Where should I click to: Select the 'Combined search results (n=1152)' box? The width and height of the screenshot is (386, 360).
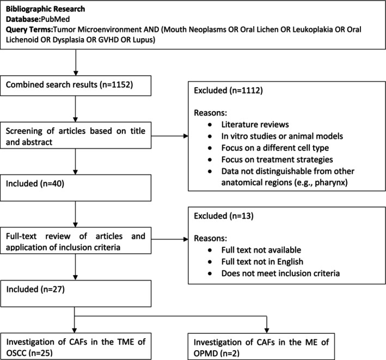point(76,86)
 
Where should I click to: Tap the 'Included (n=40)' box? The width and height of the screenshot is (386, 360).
point(76,188)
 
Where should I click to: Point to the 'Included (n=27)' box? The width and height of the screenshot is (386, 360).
point(76,294)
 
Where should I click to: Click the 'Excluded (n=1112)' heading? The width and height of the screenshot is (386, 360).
point(228,90)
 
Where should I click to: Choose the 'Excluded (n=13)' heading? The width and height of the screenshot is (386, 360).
point(224,216)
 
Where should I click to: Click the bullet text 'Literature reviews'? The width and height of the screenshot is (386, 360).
point(255,124)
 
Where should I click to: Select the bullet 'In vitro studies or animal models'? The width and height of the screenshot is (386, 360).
point(282,136)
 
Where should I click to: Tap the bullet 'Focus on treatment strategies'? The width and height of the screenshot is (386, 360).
point(277,160)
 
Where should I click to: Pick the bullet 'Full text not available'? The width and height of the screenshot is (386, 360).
point(261,250)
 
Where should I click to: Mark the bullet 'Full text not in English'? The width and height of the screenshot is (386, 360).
point(262,261)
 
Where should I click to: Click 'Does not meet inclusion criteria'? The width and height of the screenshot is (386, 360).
point(280,273)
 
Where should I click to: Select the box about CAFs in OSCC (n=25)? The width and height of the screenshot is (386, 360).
point(76,346)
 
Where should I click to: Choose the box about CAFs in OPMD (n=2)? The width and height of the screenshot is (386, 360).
point(261,346)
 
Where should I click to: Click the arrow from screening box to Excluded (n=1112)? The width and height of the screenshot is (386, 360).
point(170,136)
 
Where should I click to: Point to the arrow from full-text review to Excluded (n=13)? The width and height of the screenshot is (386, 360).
point(170,239)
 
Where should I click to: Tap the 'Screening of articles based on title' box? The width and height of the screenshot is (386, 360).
point(76,135)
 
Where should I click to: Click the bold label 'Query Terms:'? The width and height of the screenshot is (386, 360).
point(29,29)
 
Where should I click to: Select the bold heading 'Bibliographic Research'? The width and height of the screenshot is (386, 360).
point(45,9)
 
